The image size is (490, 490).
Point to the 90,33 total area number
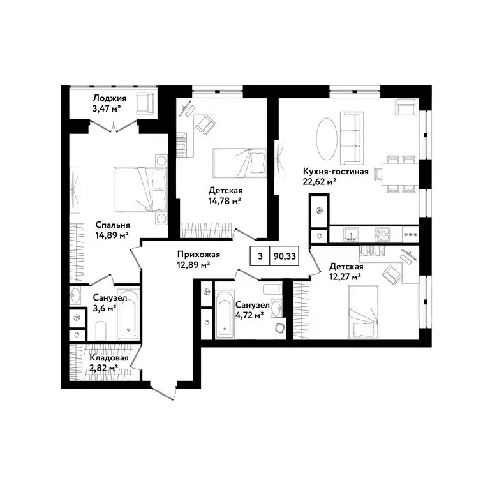[284, 256]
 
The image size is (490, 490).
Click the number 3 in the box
[260, 256]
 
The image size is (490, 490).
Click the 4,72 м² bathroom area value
[249, 315]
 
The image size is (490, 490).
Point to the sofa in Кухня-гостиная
[351, 137]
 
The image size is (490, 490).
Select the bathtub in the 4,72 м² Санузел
[224, 316]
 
